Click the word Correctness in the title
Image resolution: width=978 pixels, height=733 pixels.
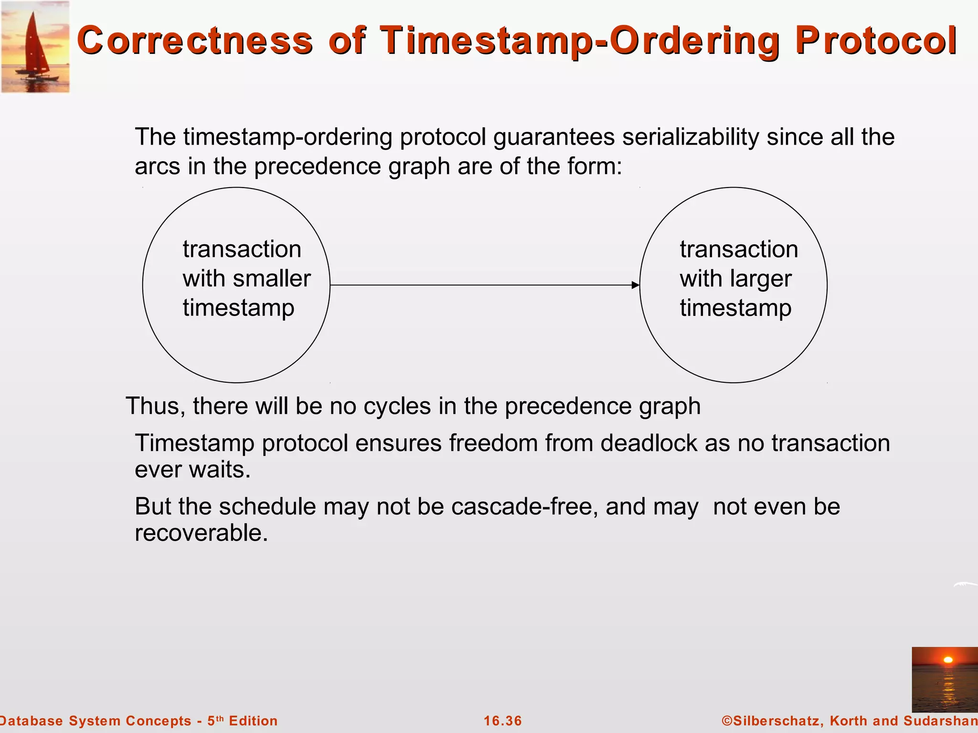click(194, 41)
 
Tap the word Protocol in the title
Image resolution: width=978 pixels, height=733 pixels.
click(876, 41)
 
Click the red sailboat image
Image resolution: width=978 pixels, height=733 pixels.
click(35, 47)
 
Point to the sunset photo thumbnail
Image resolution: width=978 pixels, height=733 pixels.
click(944, 679)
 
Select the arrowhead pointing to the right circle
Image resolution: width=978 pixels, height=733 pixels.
click(635, 285)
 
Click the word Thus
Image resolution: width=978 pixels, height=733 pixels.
click(155, 407)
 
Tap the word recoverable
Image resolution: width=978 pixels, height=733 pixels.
click(201, 533)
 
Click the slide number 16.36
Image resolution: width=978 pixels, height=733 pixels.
click(503, 721)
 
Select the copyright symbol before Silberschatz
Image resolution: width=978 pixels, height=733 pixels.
click(727, 721)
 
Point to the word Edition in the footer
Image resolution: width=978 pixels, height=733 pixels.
click(253, 721)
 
